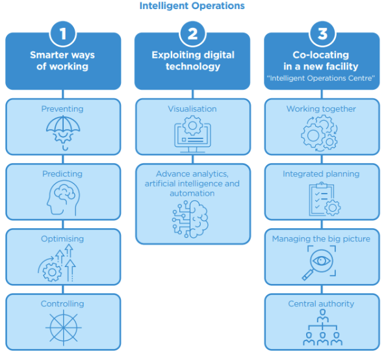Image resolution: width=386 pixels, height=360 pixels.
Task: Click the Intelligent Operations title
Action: click(x=192, y=6)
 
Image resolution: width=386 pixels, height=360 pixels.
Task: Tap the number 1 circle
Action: click(x=63, y=34)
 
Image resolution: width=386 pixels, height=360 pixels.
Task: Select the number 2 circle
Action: click(x=192, y=34)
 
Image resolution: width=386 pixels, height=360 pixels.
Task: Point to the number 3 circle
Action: click(x=322, y=34)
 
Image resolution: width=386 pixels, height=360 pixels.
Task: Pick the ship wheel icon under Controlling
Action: click(x=64, y=328)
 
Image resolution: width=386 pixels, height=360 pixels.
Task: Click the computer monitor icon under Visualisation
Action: click(x=192, y=135)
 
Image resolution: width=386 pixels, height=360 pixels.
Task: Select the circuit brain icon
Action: click(x=190, y=219)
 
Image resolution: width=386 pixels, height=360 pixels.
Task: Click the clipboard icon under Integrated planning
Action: click(x=325, y=199)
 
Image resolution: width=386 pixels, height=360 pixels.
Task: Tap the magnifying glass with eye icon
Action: click(x=319, y=263)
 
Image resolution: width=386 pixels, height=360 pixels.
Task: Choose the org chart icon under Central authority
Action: click(x=322, y=328)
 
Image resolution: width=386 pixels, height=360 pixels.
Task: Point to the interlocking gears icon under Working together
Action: click(x=319, y=133)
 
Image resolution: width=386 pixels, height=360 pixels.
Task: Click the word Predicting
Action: click(x=62, y=174)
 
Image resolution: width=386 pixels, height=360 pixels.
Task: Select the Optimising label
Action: click(x=62, y=239)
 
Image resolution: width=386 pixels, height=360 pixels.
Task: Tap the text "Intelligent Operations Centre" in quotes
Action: click(x=321, y=78)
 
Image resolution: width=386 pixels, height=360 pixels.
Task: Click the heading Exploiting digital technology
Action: click(x=193, y=60)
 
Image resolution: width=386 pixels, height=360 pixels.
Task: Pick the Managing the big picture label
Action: click(x=321, y=239)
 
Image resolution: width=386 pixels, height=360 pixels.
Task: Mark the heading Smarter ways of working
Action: click(x=62, y=60)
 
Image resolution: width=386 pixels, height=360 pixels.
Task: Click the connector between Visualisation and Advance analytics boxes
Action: click(x=192, y=159)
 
